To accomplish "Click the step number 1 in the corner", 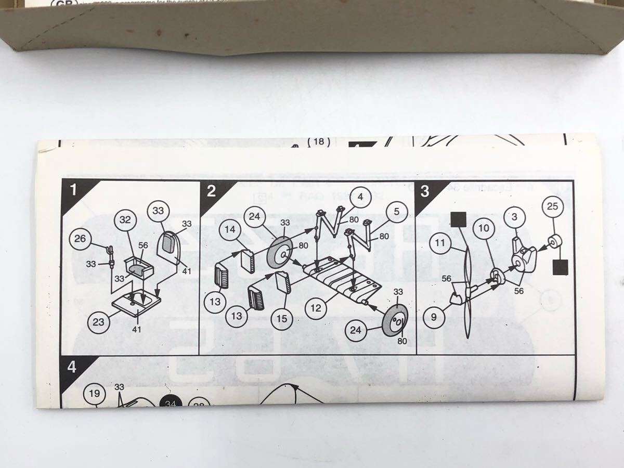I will [x=73, y=190].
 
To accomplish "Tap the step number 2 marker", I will [x=211, y=191].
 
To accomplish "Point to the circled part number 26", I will [x=81, y=240].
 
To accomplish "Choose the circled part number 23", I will [x=98, y=322].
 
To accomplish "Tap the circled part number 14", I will [x=230, y=229].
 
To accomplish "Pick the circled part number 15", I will [x=281, y=318].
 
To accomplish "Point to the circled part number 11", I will [x=441, y=244].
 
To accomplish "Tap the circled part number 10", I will [x=484, y=228].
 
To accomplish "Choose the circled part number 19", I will [x=94, y=394].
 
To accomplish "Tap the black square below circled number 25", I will [x=560, y=267].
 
